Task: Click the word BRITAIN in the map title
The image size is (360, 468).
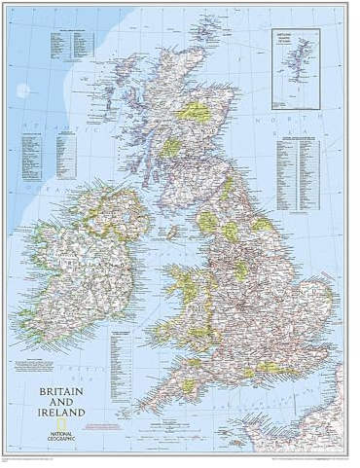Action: pyautogui.click(x=59, y=390)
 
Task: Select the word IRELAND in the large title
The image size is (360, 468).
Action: pyautogui.click(x=62, y=412)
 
